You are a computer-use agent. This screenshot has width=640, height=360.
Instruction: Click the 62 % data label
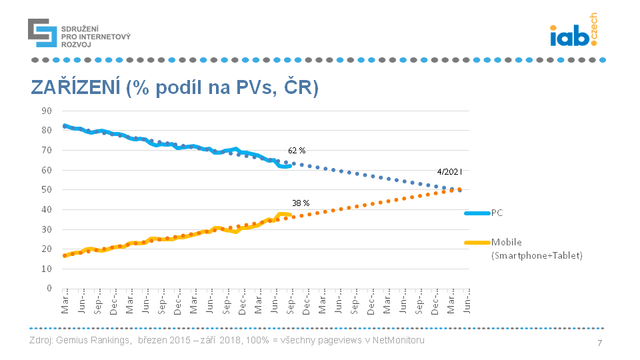[x=297, y=151]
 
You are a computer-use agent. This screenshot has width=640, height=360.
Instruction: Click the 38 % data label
[x=301, y=203]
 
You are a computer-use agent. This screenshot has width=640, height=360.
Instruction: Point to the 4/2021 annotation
[x=449, y=171]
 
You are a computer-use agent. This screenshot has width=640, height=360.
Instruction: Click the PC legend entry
[x=497, y=213]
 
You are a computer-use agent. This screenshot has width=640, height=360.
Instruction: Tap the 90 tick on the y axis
[x=47, y=111]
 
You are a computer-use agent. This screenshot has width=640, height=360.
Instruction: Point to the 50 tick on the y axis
[x=47, y=190]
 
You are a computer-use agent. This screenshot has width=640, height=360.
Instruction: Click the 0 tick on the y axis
[x=49, y=289]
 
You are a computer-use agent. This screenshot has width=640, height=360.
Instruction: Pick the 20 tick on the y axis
[x=47, y=249]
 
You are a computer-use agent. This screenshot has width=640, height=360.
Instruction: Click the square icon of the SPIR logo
[x=42, y=33]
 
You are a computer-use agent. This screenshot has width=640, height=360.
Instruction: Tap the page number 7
[x=600, y=343]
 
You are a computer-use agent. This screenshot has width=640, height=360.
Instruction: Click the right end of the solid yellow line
[x=291, y=215]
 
